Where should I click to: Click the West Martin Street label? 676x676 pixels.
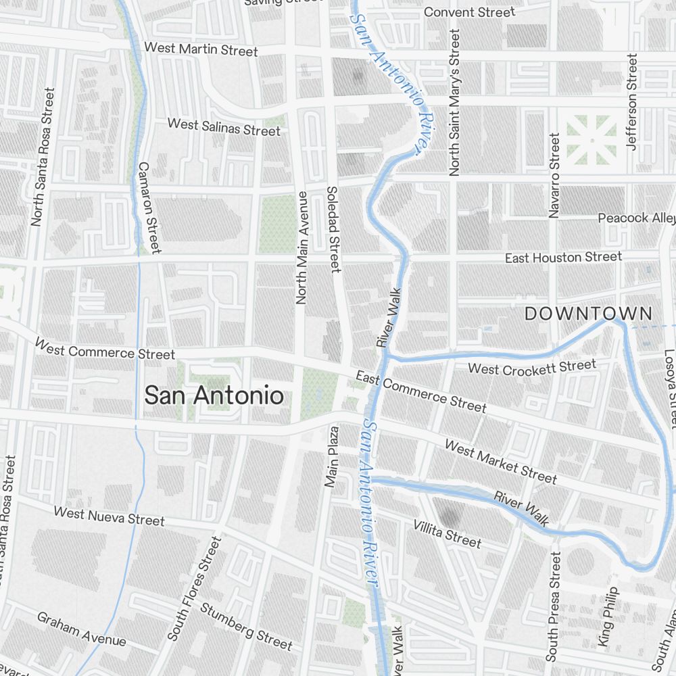coord(201,50)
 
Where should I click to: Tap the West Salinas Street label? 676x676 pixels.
coord(223,127)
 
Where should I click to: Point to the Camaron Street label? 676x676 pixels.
coord(149,207)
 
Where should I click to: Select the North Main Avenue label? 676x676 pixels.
coord(301,247)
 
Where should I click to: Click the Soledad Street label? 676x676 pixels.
coord(333,230)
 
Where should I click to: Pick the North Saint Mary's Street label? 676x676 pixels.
coord(454,103)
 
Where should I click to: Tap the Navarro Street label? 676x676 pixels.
coord(555,175)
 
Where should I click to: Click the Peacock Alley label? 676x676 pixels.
coord(636,218)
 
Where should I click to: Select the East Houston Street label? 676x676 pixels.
coord(563,258)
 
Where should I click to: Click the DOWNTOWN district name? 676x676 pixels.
coord(589,314)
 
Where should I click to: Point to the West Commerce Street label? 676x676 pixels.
coord(105,349)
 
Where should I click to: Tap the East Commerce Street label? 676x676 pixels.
coord(420,391)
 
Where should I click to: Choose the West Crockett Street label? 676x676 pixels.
coord(532,368)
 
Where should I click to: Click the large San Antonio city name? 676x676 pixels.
coord(214,396)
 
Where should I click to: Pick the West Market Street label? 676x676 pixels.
coord(500,462)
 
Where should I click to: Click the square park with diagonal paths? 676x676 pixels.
coord(591,141)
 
